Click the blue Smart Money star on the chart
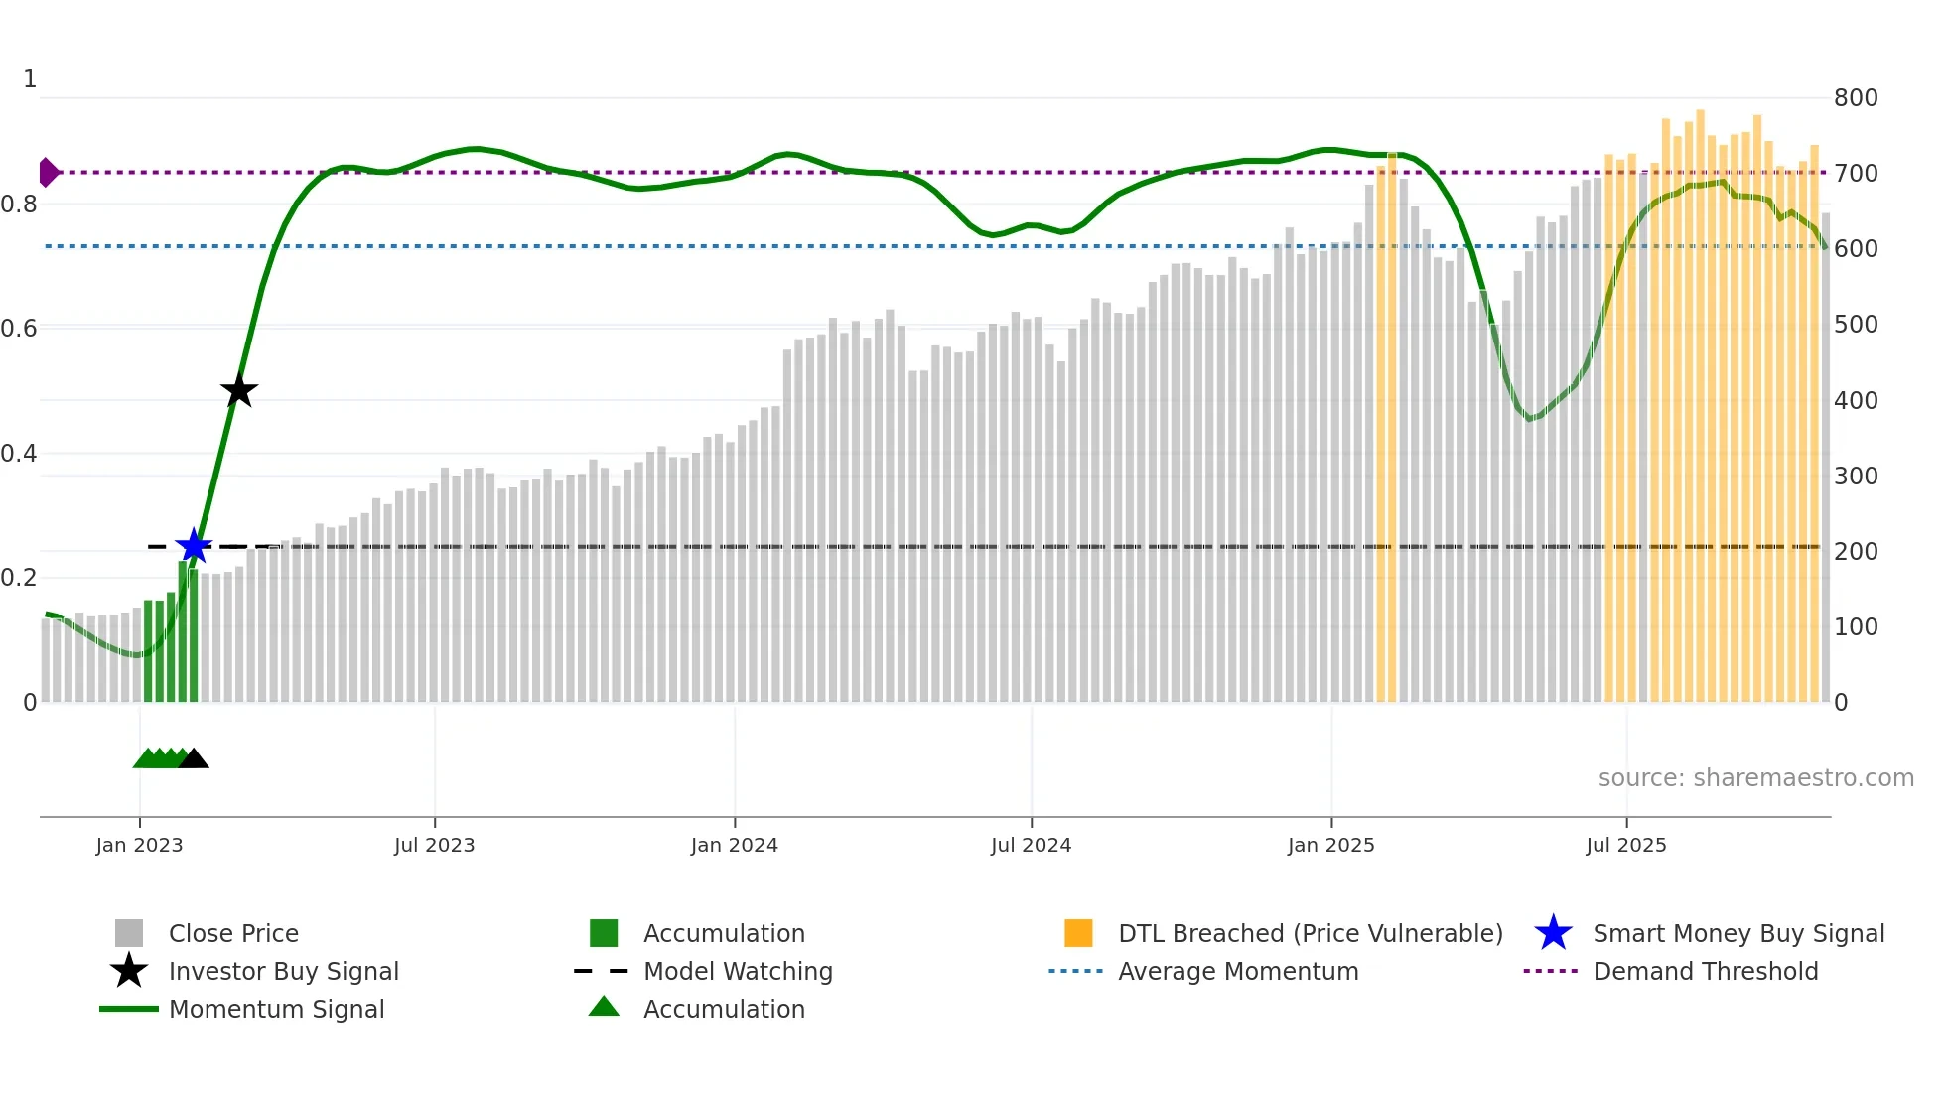pos(194,546)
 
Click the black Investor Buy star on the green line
pos(238,390)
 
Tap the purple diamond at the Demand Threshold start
pos(48,172)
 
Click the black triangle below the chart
pos(194,759)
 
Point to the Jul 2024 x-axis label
pos(1031,845)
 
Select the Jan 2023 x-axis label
pos(139,845)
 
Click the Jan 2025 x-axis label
pos(1330,845)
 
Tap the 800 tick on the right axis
pos(1855,97)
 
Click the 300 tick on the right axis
pos(1855,476)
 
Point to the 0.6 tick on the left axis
pos(18,328)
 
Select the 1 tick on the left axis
pos(30,78)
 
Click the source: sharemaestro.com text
pos(1755,777)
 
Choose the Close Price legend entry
pos(233,933)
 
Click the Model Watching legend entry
pos(738,971)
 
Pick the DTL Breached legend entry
pos(1310,933)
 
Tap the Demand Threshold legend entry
pos(1705,971)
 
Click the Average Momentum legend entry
pos(1238,971)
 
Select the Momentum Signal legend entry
pos(276,1009)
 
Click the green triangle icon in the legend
pos(604,1007)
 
